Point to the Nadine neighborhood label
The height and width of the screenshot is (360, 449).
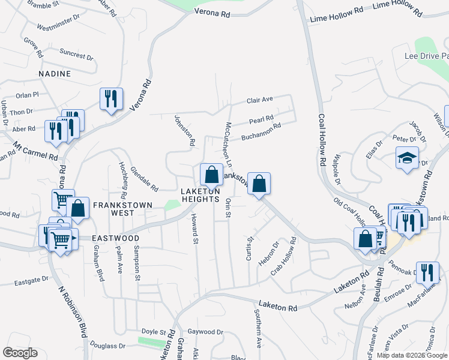click(55, 74)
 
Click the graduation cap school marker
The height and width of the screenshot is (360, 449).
click(407, 158)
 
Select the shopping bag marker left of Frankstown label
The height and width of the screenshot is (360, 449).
click(211, 175)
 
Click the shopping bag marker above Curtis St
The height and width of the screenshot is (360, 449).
click(259, 183)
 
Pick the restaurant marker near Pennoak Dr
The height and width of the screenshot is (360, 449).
click(427, 272)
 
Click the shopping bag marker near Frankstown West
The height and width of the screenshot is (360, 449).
click(78, 208)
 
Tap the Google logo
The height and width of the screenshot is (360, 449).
click(20, 353)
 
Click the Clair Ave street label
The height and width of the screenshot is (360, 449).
click(260, 100)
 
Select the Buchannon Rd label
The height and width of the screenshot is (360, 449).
click(261, 133)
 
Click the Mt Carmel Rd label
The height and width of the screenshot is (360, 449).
click(35, 150)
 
